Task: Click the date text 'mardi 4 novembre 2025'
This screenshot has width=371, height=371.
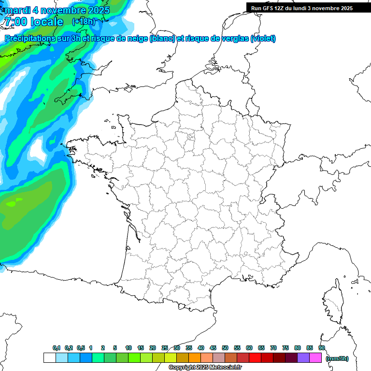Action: [x=57, y=10]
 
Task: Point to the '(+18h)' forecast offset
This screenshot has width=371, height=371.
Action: [x=84, y=21]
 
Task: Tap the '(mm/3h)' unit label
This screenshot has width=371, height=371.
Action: [x=337, y=358]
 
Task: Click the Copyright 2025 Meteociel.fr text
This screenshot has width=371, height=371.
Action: [x=205, y=368]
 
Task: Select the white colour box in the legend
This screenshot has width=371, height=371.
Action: [x=49, y=358]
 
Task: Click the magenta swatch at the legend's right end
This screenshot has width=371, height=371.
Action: [x=315, y=358]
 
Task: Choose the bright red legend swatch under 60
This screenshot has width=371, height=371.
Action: [x=255, y=358]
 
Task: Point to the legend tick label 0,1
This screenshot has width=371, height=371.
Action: [x=57, y=348]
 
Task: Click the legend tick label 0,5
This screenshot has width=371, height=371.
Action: [x=80, y=348]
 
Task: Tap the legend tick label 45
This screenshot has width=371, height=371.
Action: [x=213, y=348]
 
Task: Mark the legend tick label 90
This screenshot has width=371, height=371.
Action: [x=322, y=348]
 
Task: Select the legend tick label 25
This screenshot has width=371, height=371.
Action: [x=165, y=348]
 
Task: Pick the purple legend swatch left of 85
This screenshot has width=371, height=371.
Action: [x=303, y=358]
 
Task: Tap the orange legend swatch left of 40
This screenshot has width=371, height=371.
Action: [x=195, y=358]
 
